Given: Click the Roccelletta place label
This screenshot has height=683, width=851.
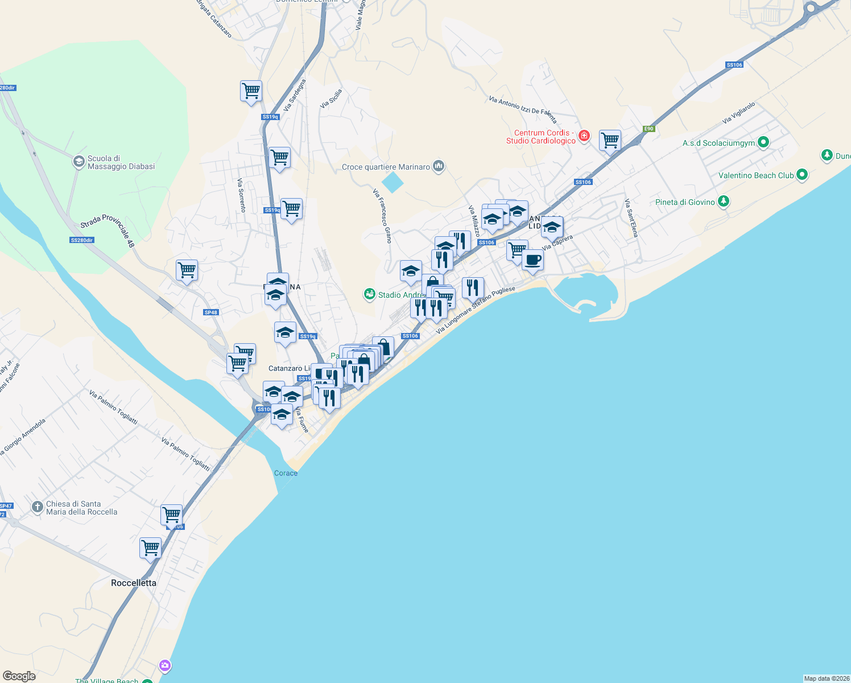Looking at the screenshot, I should pos(133,583).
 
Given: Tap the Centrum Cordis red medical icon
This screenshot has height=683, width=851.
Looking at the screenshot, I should pos(584,135).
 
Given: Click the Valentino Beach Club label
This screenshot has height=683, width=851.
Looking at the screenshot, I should pos(755,175).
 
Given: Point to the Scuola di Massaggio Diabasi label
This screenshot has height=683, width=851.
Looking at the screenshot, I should pos(121,162).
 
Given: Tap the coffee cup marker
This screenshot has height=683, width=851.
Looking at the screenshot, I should pos(532,260).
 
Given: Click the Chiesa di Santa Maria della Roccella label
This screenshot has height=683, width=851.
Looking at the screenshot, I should pos(81,508).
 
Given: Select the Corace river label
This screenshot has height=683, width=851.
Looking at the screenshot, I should pos(286,473).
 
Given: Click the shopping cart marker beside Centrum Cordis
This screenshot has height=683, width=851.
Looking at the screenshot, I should pos(610,140).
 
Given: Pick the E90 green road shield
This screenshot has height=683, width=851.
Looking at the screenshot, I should pos(649,129).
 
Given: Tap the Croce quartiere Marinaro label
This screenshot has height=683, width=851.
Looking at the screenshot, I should pos(386,167).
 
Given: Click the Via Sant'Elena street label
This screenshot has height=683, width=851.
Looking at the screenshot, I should pos(631,218).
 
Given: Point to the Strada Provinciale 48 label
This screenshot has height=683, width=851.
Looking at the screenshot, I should pos(108,229).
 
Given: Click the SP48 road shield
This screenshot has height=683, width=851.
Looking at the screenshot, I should pos(210,312).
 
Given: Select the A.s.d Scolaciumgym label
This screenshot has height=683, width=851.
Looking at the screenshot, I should pos(718,143).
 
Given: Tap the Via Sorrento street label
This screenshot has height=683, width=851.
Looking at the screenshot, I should pos(242,195).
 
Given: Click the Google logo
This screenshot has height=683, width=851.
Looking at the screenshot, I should pos(19,676).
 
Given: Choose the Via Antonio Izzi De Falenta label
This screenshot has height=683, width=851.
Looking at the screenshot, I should pos(523,109).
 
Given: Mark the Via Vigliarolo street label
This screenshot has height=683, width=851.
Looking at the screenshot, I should pos(738,113).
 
